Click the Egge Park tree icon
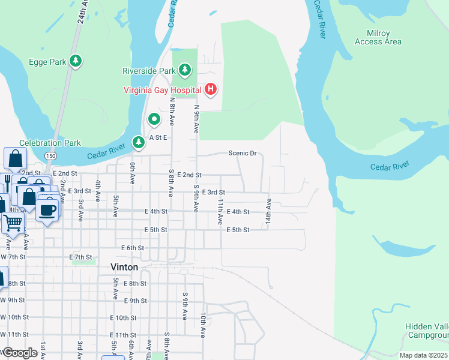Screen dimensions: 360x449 (76, 61)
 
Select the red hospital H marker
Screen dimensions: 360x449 (210, 90)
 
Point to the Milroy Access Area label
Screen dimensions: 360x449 (378, 38)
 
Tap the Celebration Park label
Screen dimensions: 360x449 (50, 143)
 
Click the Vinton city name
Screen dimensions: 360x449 (124, 267)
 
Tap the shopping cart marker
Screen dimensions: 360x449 (13, 223)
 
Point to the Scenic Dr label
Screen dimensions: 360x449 (243, 153)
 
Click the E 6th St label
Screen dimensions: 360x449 (133, 248)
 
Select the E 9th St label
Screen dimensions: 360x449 (135, 301)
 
